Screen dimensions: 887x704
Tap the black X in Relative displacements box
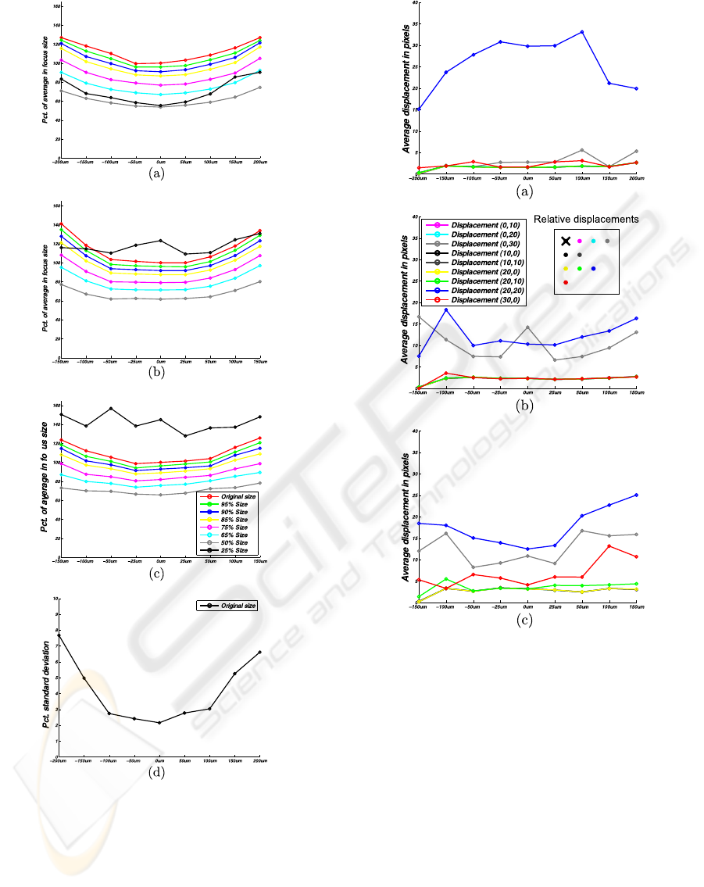coord(565,241)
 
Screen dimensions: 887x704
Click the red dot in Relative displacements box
coord(565,281)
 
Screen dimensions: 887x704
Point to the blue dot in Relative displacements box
coord(594,268)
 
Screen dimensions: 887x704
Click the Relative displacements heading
coord(586,219)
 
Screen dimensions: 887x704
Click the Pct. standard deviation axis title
coord(46,674)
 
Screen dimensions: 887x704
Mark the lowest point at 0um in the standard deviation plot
coord(159,723)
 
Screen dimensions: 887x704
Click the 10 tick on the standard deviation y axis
coord(53,599)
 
